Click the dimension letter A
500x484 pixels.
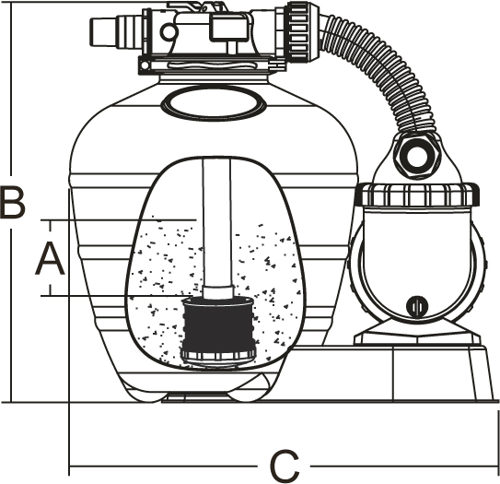click(50, 259)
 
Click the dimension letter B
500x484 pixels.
click(13, 202)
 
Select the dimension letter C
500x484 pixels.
click(285, 466)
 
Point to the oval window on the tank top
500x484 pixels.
click(214, 103)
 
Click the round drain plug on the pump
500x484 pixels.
click(417, 306)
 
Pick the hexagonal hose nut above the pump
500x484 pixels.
click(417, 156)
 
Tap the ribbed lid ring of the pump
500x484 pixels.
click(417, 195)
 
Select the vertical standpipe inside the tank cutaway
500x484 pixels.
click(216, 222)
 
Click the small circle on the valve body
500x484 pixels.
click(169, 32)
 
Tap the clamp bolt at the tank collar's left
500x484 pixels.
click(145, 65)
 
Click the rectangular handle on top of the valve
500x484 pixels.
click(228, 28)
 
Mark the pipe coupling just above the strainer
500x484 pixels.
click(219, 291)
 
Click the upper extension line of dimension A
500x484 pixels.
click(118, 220)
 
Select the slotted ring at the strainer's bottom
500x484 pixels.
click(218, 354)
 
